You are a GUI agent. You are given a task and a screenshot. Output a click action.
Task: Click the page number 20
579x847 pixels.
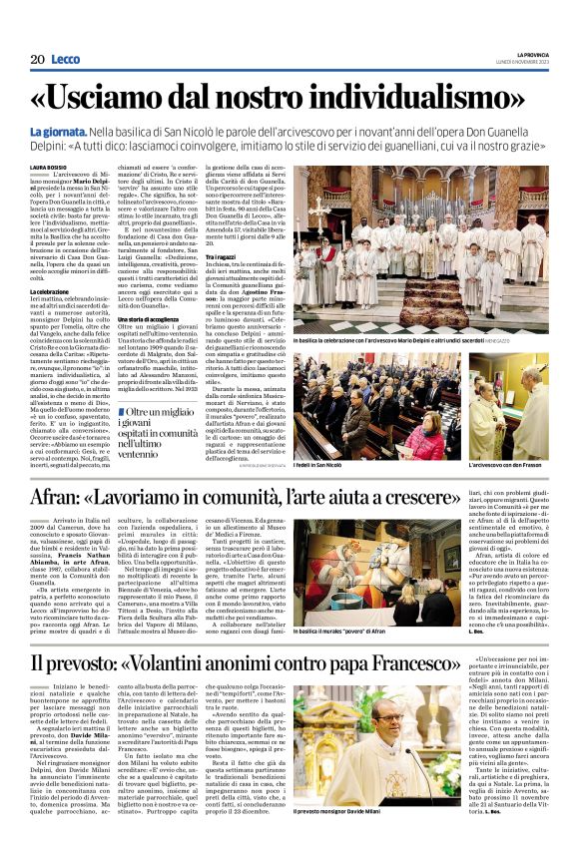37,59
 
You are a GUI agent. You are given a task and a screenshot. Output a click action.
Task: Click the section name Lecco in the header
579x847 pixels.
65,59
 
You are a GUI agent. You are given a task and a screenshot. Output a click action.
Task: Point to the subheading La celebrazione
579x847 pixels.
50,291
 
